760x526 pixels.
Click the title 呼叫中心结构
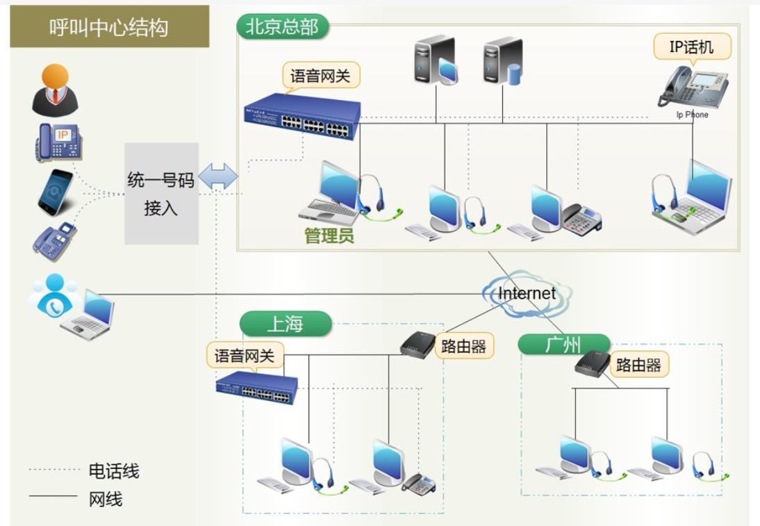click(109, 26)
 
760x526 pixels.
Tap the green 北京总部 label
click(283, 26)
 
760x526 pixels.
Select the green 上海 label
click(286, 323)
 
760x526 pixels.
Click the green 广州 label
click(563, 345)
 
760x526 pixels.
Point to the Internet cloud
click(527, 293)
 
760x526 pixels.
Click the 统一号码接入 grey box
click(161, 193)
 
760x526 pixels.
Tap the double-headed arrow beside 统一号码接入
click(218, 176)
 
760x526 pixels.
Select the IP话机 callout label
click(692, 47)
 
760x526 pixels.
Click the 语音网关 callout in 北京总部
click(320, 76)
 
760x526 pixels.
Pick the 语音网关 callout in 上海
click(245, 356)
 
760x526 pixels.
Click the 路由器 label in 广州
click(638, 365)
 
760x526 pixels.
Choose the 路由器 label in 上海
click(464, 346)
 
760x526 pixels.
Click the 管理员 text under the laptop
click(329, 236)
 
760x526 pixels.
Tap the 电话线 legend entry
click(85, 470)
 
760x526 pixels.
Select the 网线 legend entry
click(76, 498)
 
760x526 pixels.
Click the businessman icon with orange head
click(56, 90)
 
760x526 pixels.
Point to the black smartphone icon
click(56, 192)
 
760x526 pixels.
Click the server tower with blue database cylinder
click(503, 62)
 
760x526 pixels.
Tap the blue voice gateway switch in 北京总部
click(303, 116)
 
